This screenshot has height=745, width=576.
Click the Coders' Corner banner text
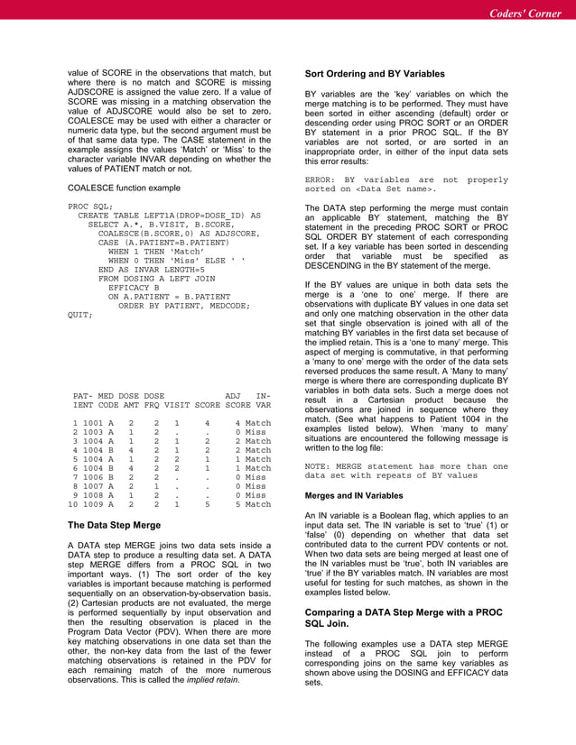point(525,14)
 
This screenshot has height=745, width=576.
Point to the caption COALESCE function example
point(128,188)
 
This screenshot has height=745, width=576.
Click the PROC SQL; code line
point(90,207)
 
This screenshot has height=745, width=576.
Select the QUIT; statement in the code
point(80,316)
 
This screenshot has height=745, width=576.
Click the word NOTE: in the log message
point(321,466)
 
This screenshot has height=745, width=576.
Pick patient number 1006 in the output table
point(96,477)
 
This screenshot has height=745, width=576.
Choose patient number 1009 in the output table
point(96,504)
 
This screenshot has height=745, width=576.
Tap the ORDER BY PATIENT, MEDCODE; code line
point(177,306)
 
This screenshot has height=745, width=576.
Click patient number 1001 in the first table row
point(96,423)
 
